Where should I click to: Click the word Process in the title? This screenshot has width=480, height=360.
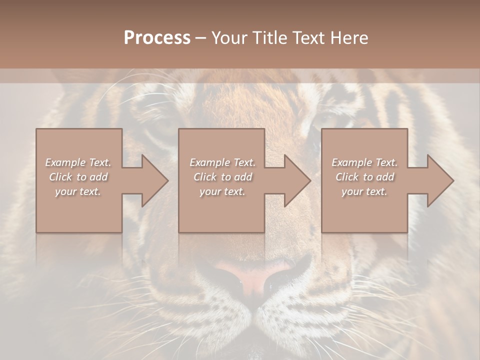click(x=157, y=38)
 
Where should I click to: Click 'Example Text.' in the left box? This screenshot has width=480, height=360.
click(x=78, y=162)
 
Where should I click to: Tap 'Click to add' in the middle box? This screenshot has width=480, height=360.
click(x=222, y=177)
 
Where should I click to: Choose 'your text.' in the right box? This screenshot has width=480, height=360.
click(x=364, y=191)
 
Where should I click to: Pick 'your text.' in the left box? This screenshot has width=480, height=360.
click(x=78, y=191)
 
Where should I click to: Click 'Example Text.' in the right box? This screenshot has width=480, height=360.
click(x=364, y=162)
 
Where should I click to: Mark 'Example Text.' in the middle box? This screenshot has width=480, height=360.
click(x=222, y=162)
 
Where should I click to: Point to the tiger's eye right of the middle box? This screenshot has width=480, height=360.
click(x=330, y=120)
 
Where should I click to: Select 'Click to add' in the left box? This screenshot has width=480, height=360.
click(x=78, y=177)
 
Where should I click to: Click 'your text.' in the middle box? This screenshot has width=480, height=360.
click(x=222, y=191)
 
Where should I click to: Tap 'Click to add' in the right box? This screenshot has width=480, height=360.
click(x=364, y=177)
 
